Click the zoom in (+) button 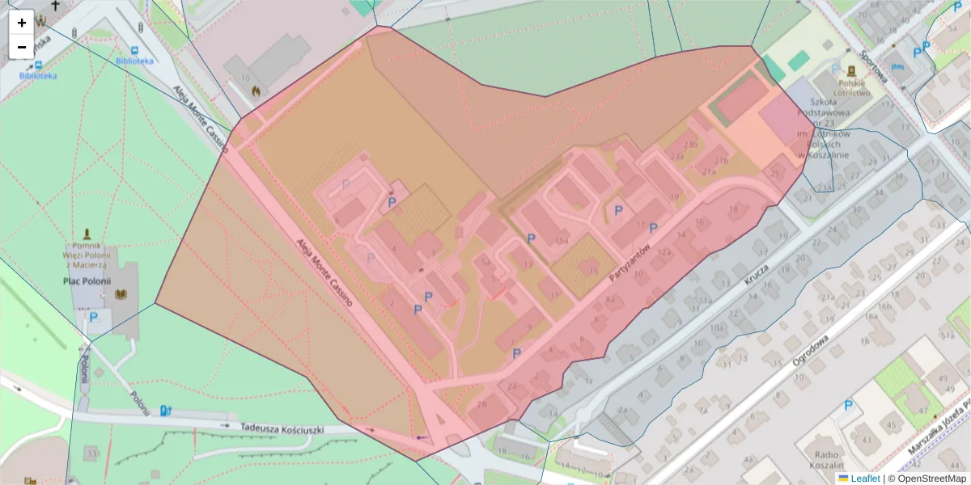22,23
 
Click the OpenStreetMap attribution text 926,479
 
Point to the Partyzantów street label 630,263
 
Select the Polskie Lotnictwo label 853,87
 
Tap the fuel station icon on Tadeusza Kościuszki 166,410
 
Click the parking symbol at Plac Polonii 94,318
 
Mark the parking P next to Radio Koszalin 848,406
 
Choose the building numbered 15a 561,241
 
